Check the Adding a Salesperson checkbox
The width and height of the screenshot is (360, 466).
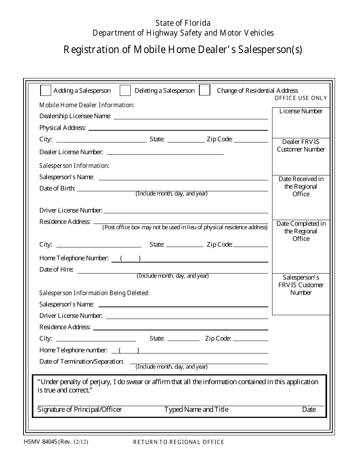pos(45,91)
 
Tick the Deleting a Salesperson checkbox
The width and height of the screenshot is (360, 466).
pos(125,91)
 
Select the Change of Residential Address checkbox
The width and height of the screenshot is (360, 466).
pos(205,91)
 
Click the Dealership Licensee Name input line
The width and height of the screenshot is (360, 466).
pos(191,116)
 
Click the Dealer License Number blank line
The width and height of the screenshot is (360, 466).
pos(165,152)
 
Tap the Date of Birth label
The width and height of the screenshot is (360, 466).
pos(57,189)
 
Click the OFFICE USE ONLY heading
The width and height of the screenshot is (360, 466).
pos(301,98)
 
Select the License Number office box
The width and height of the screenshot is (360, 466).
pos(301,122)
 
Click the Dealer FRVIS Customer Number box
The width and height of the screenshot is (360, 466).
pos(301,156)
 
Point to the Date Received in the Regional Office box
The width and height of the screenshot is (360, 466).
pos(301,197)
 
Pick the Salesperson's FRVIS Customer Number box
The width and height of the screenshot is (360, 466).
pos(301,294)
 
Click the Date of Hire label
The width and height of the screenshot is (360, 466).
pos(56,270)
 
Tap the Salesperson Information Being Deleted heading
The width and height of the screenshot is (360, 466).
pos(94,293)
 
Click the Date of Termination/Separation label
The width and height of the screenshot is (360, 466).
pos(81,361)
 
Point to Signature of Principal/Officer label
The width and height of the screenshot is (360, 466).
pos(80,410)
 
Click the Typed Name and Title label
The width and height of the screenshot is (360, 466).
pos(196,410)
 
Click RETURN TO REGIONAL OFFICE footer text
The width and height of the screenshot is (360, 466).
pos(178,442)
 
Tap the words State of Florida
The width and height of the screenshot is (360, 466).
pos(183,23)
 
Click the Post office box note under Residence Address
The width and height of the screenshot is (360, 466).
pos(185,227)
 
